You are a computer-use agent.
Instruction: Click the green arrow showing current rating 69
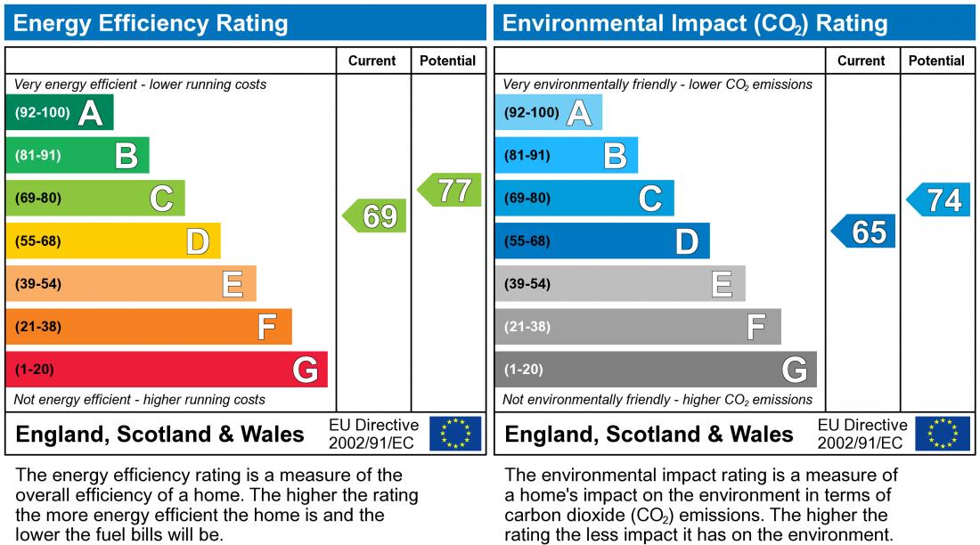(375, 216)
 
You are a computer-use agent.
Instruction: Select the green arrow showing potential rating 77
(450, 191)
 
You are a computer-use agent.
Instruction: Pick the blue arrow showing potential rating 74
(939, 200)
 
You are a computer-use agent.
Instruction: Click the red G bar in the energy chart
(167, 370)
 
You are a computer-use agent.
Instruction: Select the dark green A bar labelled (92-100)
(59, 113)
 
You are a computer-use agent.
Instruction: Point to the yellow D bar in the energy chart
(112, 241)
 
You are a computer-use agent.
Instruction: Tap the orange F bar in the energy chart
(148, 327)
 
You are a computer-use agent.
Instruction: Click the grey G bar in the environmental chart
(655, 370)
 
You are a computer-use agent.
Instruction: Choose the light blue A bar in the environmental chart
(548, 113)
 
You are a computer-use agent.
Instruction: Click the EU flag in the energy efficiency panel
(455, 434)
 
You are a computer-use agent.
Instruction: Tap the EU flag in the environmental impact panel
(944, 434)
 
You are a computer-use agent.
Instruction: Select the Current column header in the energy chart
(372, 61)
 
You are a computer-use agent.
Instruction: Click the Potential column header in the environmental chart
(936, 61)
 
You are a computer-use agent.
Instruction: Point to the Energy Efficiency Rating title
(151, 23)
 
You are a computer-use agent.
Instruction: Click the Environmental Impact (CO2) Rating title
(695, 23)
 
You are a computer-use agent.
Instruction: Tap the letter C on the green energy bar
(161, 199)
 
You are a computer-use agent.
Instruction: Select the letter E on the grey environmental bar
(722, 284)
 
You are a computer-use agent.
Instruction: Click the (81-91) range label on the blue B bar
(527, 156)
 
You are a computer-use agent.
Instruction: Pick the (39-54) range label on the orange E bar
(38, 284)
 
